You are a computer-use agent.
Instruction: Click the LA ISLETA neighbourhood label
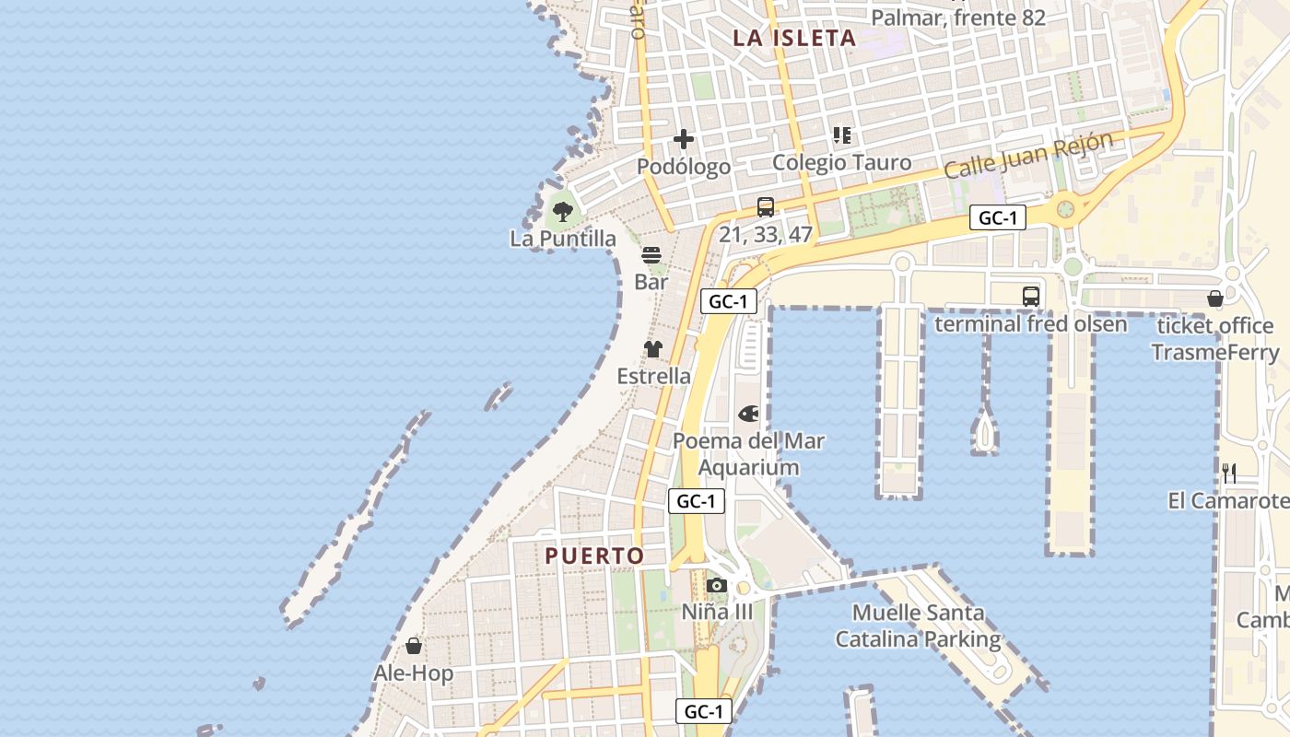[x=794, y=38]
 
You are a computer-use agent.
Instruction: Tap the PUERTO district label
[x=594, y=556]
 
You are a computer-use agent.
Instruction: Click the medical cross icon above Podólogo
[x=684, y=139]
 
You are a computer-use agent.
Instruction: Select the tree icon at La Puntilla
[x=563, y=212]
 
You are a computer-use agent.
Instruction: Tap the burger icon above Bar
[x=651, y=255]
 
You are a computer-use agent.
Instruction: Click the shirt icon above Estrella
[x=653, y=349]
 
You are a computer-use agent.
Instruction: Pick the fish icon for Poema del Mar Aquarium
[x=748, y=414]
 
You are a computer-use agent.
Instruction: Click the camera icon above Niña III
[x=717, y=585]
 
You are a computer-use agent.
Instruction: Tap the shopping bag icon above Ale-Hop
[x=414, y=646]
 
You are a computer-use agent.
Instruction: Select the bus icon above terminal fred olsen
[x=1031, y=297]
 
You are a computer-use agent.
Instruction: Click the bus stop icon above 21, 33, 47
[x=766, y=207]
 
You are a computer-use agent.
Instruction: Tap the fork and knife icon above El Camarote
[x=1229, y=474]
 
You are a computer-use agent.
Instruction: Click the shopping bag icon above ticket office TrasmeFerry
[x=1215, y=298]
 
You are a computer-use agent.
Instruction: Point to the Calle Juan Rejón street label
[x=1028, y=155]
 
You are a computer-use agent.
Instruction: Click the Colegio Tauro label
[x=841, y=163]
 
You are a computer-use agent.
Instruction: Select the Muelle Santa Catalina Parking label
[x=918, y=626]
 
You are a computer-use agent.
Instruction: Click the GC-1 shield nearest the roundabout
[x=997, y=218]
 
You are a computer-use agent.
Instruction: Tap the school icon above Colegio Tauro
[x=841, y=135]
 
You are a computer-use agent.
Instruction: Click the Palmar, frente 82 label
[x=958, y=18]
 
